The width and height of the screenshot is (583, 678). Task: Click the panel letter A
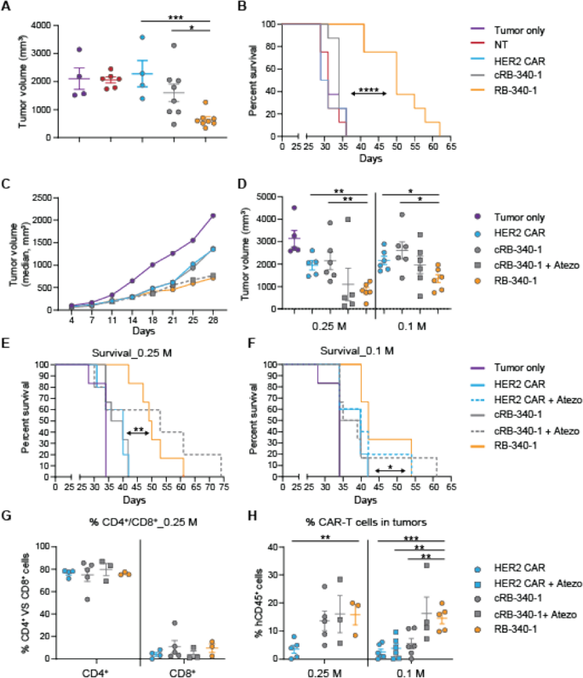tap(7, 8)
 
